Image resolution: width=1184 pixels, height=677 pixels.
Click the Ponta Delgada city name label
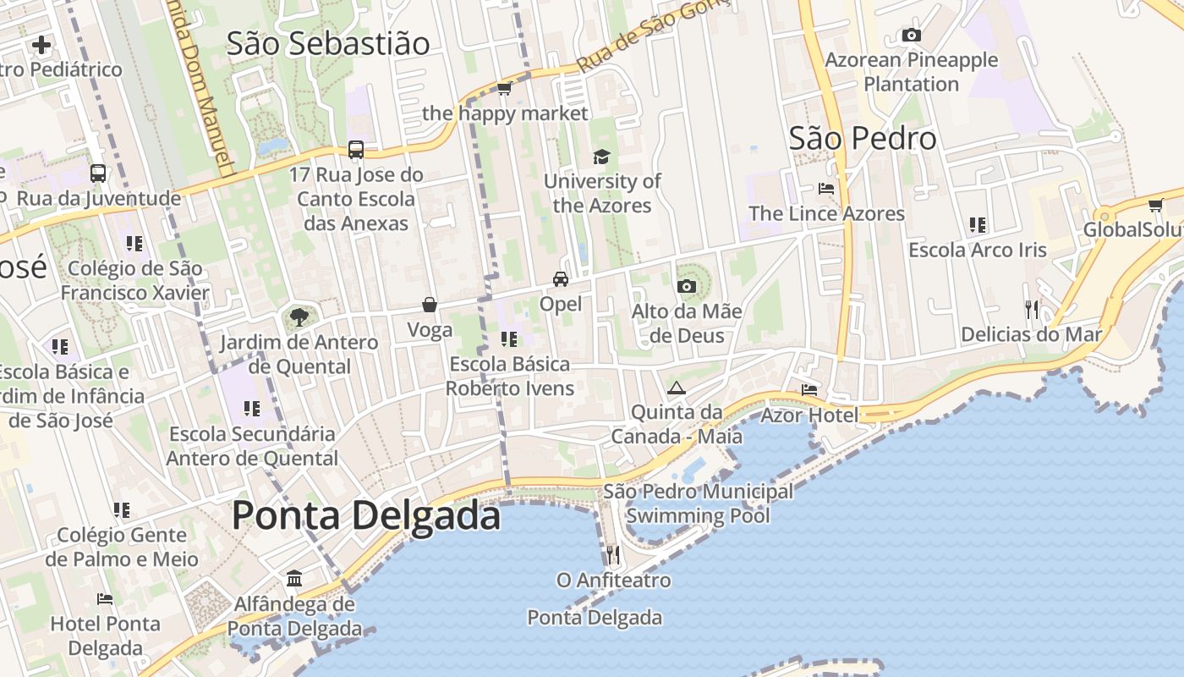point(365,515)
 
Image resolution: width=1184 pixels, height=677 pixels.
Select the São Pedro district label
point(863,138)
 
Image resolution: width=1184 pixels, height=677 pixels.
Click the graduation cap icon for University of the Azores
point(601,157)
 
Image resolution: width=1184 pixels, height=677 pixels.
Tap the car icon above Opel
point(560,278)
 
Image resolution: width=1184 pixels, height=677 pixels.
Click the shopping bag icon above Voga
point(430,305)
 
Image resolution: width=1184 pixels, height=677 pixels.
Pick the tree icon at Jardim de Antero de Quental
point(298,317)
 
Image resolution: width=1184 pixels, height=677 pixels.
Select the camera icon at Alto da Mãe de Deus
point(687,286)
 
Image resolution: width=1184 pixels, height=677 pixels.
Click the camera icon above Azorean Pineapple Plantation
point(911,35)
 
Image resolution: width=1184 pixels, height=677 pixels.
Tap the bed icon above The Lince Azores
point(826,188)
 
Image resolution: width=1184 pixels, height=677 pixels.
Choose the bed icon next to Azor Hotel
point(809,390)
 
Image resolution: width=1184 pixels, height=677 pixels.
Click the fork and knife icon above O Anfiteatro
point(613,555)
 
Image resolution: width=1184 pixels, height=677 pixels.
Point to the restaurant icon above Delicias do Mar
point(1031,309)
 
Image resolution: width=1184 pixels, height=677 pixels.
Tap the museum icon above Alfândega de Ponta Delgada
point(294,579)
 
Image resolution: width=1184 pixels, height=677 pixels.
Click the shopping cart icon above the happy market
point(505,88)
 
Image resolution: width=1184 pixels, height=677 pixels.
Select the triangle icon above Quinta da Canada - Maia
point(676,388)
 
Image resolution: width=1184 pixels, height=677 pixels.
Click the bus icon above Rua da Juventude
point(98,173)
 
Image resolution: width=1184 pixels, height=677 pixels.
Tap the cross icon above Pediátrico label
point(41,44)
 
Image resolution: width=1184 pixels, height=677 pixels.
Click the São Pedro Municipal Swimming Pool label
point(698,504)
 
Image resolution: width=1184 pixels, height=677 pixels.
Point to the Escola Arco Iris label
point(978,250)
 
